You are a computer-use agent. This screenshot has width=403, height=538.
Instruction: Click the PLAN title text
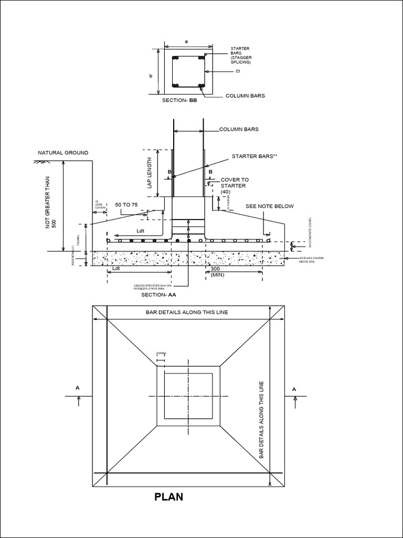tap(168, 496)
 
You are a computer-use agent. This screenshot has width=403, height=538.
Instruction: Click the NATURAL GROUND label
tap(63, 153)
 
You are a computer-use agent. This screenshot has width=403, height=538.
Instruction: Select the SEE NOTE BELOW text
tap(270, 206)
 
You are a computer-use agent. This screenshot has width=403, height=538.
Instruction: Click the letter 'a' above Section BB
tap(186, 40)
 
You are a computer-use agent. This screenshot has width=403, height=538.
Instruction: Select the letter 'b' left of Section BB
tap(151, 76)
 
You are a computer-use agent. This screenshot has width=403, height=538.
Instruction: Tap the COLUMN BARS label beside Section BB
tap(245, 96)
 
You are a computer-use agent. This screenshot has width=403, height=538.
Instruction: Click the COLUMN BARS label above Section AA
tap(239, 129)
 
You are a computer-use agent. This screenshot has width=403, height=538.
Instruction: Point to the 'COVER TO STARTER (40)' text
tap(234, 185)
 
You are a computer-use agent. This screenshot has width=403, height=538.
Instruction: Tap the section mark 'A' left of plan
tap(78, 388)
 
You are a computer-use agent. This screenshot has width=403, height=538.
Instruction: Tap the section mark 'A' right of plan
tap(294, 388)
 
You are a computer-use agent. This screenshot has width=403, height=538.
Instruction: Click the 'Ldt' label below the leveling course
tap(116, 268)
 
